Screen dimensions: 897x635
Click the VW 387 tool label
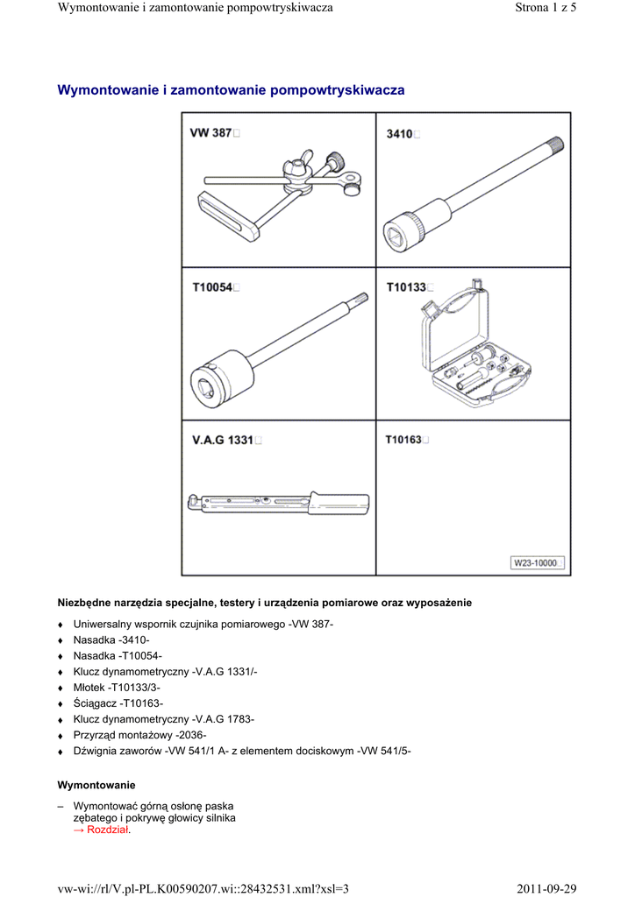[x=211, y=133]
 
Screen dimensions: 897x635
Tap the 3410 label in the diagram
[x=400, y=134]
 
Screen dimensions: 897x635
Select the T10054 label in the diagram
[x=213, y=287]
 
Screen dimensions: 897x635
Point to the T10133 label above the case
[x=406, y=287]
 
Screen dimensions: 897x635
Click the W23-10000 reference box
[x=536, y=563]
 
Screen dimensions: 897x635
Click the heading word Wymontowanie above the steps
[x=96, y=784]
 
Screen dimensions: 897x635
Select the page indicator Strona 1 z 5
[x=542, y=8]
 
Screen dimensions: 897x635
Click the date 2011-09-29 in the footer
[x=546, y=889]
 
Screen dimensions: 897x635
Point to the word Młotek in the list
[x=91, y=687]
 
